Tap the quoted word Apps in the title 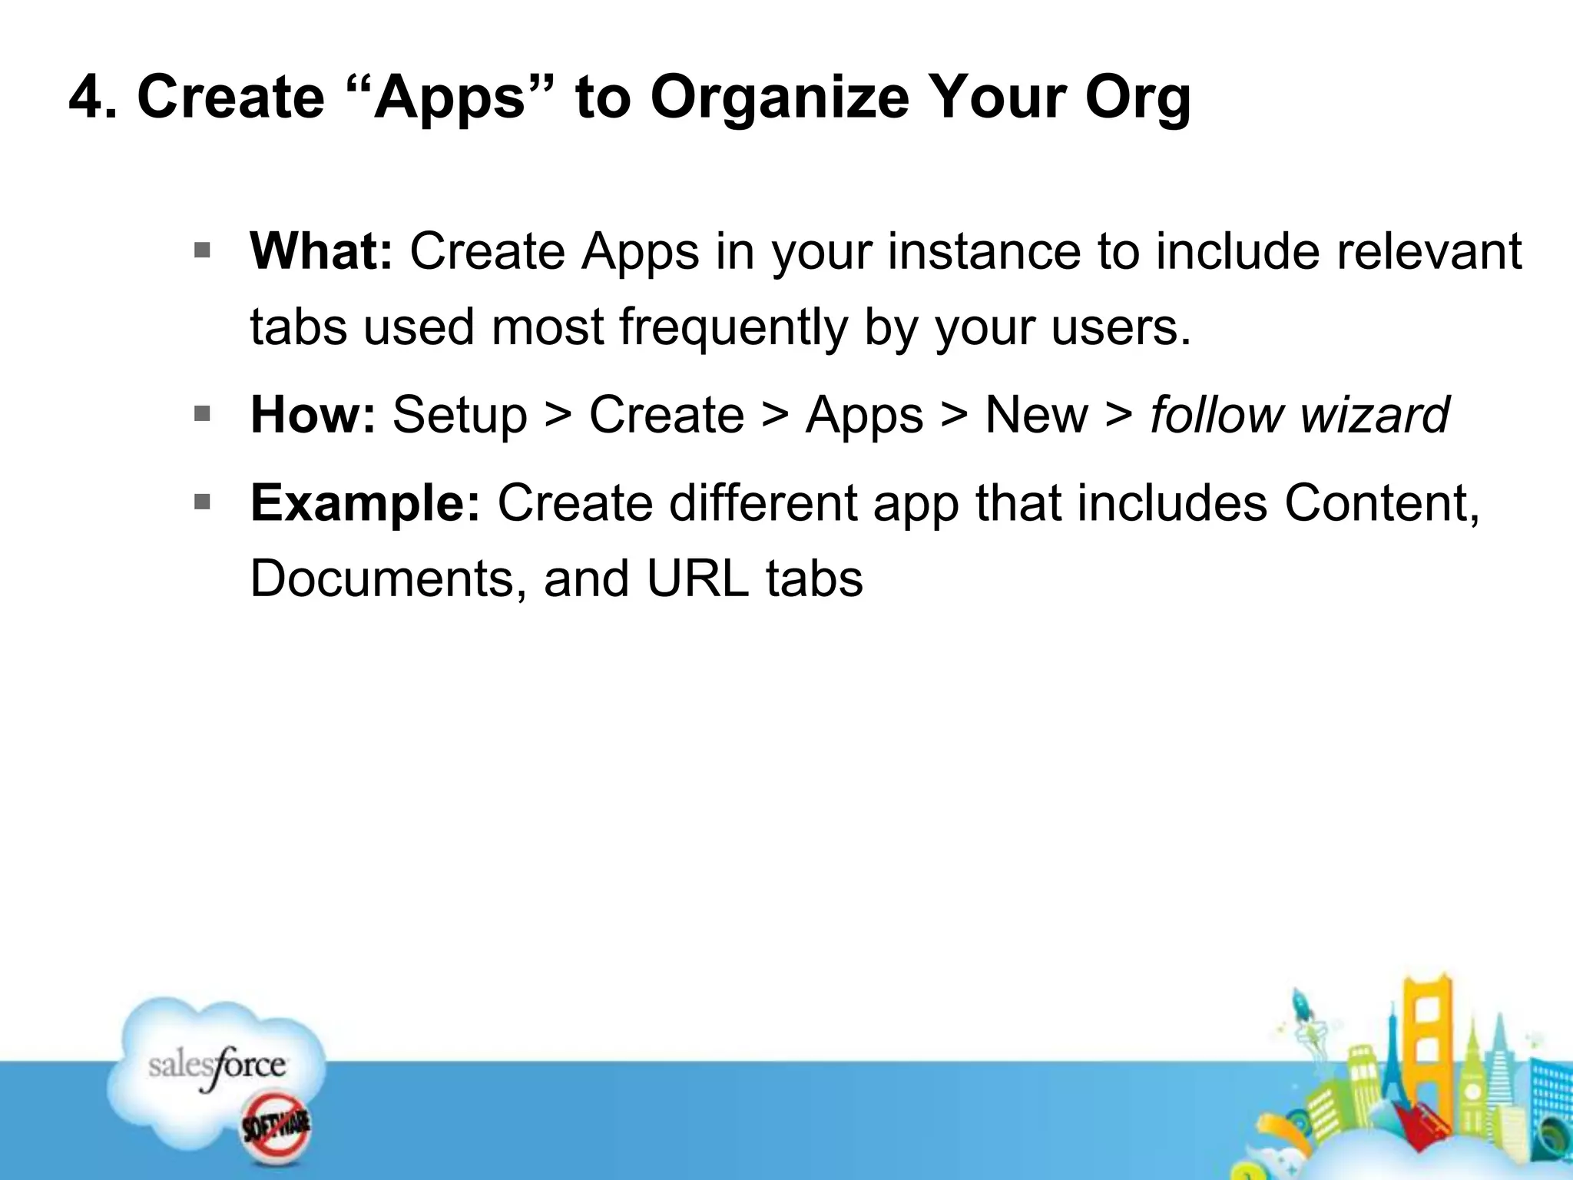(x=449, y=98)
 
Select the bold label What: (x=321, y=251)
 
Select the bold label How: (x=313, y=415)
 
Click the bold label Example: (x=365, y=504)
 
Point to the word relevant (x=1429, y=251)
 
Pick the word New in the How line (x=1036, y=415)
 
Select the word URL (x=697, y=578)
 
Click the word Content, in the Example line (x=1382, y=502)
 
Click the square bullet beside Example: (x=202, y=502)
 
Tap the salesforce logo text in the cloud (x=217, y=1066)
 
